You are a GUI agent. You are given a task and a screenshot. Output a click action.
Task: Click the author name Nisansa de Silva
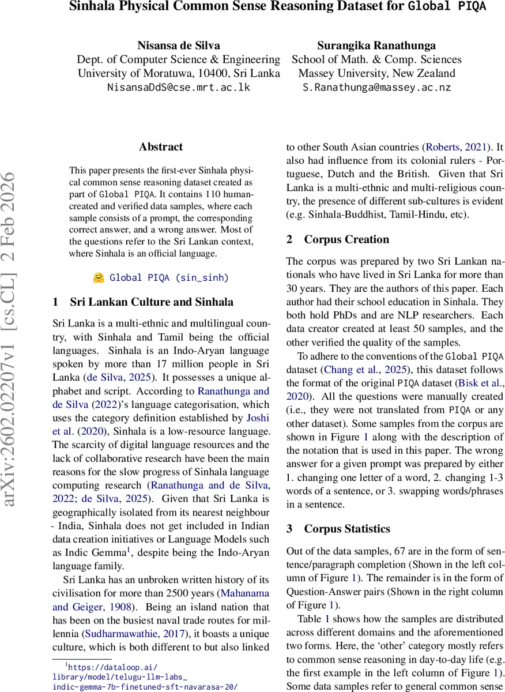coord(178,45)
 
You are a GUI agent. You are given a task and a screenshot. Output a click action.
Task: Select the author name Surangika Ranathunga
coord(376,45)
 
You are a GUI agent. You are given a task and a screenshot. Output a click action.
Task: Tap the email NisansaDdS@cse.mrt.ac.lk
coord(178,88)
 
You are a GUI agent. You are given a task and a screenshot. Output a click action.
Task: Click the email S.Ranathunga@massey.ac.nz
coord(376,88)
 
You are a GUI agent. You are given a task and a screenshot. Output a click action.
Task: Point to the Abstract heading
coord(161,147)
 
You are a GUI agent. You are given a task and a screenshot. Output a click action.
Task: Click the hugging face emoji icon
coord(99,277)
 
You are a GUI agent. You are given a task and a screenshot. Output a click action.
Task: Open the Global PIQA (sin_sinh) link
coord(169,278)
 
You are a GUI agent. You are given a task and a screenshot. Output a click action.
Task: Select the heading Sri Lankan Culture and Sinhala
coord(152,302)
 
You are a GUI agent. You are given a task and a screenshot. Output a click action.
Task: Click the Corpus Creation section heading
coord(346,239)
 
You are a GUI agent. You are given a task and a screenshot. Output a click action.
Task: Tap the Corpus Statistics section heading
coord(347,529)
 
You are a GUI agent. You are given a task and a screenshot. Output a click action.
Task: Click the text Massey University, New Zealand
coord(376,73)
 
